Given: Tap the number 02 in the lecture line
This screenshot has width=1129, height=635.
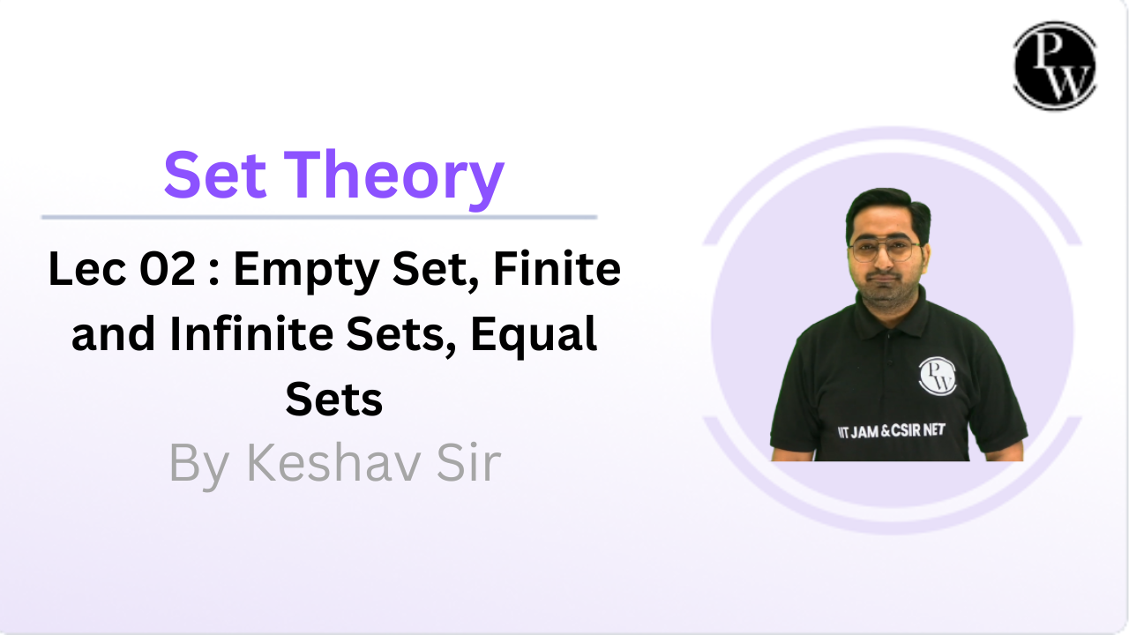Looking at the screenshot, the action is tap(168, 269).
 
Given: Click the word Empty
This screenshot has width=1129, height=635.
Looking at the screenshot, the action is tap(306, 272).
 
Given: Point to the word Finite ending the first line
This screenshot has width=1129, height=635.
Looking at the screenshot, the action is tap(557, 268).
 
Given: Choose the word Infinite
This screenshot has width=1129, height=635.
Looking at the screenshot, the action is tap(251, 333).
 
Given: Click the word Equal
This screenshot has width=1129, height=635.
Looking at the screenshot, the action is tap(534, 337).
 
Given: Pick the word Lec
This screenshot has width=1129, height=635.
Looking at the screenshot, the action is tap(86, 269).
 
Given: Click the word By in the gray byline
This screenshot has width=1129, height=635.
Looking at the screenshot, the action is tap(199, 466).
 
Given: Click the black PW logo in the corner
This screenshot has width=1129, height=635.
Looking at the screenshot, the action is tap(1055, 65).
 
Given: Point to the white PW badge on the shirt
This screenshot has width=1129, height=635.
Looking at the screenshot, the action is tap(937, 376).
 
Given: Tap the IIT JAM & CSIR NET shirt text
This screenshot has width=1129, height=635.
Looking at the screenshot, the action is tap(891, 431).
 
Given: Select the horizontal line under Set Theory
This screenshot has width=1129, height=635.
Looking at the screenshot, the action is tap(319, 217).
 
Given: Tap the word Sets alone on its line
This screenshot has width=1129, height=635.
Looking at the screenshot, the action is tap(334, 400).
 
